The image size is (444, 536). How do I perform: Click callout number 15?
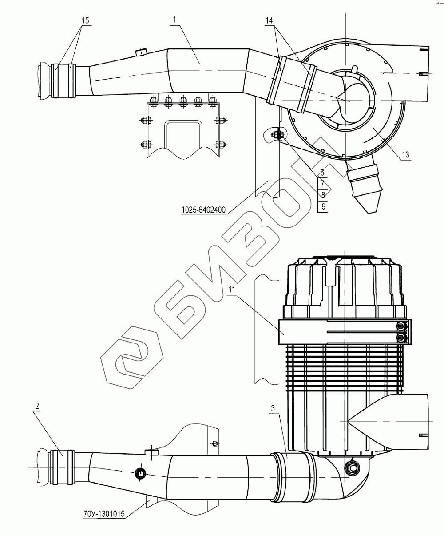tap(85, 20)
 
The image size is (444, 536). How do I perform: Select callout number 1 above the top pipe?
tap(174, 20)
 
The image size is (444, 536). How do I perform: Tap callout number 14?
tap(269, 21)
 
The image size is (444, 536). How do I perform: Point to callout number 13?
tap(405, 155)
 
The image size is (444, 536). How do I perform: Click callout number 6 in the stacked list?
tap(322, 173)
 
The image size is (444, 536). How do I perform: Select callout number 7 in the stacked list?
tap(322, 184)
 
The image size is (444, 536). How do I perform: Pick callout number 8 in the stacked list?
tap(323, 195)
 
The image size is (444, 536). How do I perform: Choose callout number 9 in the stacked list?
tap(323, 207)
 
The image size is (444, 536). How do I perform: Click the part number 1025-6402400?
tap(203, 210)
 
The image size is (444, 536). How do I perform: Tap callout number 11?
tap(232, 290)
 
